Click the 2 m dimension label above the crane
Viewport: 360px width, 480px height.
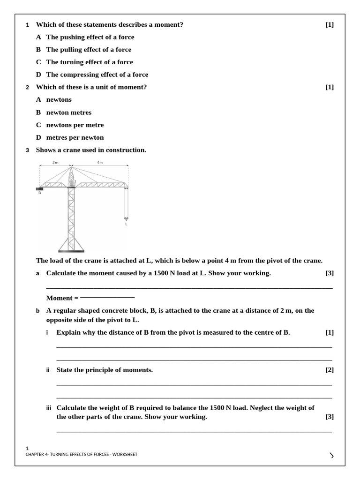[55, 162]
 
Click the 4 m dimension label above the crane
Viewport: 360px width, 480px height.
[99, 162]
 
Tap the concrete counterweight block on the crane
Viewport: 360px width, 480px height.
[39, 188]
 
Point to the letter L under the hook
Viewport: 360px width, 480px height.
[126, 224]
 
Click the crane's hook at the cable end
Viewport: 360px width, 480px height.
[126, 218]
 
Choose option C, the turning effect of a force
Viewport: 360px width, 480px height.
[89, 62]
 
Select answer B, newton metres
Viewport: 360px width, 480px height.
[68, 112]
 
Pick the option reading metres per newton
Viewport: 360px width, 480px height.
[75, 137]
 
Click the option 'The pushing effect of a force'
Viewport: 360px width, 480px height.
[90, 37]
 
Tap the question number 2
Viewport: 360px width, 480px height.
[28, 87]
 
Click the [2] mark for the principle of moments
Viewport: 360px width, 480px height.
[330, 370]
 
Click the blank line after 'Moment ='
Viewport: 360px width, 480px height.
[107, 297]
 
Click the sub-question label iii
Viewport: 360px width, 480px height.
[48, 408]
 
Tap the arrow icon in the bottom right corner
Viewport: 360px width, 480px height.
[332, 455]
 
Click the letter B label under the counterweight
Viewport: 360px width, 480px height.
[39, 193]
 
